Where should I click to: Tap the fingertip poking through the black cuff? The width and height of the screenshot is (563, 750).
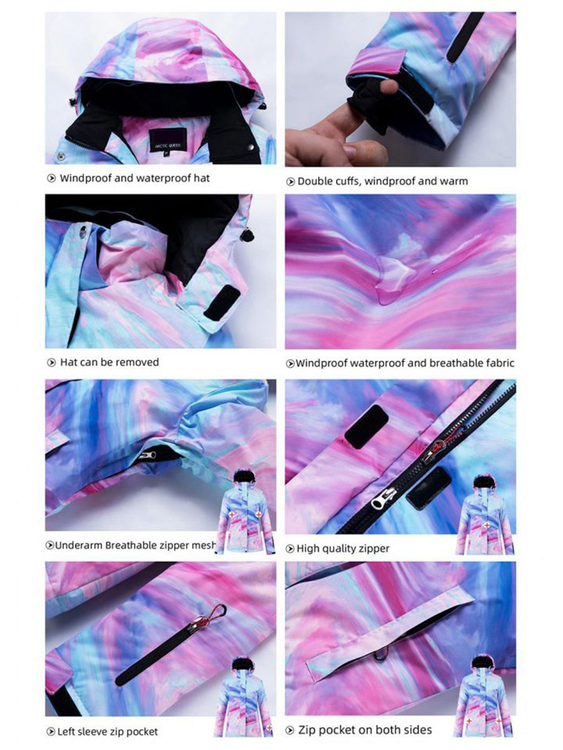(389, 86)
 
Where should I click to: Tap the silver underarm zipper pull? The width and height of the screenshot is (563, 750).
(149, 455)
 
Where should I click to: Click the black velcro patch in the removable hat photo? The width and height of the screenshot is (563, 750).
(222, 302)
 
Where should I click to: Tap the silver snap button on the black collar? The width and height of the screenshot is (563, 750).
(251, 147)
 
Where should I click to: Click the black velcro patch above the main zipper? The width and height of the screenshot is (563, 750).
(366, 426)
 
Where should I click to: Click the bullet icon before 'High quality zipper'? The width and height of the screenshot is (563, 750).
(290, 549)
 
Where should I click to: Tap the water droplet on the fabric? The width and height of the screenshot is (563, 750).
(397, 279)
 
